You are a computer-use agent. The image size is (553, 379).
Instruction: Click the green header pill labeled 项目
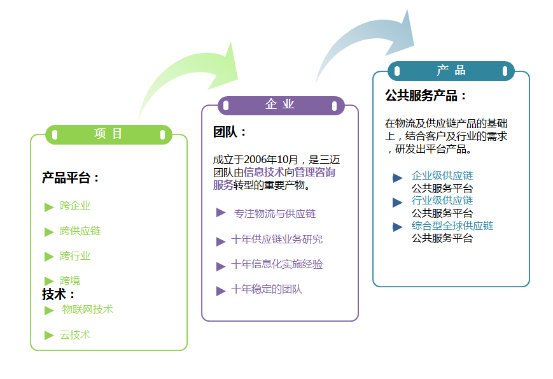pos(108,134)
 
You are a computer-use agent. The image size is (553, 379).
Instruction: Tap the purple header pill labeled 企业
pos(281,105)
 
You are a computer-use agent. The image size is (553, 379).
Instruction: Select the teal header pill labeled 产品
pos(451,71)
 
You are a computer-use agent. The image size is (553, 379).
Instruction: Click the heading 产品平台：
pos(71,178)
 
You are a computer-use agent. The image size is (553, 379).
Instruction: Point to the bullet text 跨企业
pos(75,206)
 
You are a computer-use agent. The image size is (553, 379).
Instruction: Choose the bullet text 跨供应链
pos(80,231)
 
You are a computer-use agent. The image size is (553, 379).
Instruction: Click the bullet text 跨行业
pos(75,256)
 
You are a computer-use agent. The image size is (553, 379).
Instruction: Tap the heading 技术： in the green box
pos(59,294)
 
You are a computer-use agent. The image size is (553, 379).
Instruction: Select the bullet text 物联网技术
pos(87,310)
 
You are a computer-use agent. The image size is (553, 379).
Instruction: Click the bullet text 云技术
pos(75,334)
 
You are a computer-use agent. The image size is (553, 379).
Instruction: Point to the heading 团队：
pos(230,132)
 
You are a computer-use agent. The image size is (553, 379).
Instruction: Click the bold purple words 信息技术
pos(263,172)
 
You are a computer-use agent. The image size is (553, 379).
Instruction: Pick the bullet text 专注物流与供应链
pos(275,213)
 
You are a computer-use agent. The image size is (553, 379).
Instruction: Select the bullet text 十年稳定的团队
pos(267,289)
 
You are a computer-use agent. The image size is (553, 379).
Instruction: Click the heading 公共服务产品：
pos(426,96)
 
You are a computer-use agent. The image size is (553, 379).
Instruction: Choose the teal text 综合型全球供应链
pos(452,225)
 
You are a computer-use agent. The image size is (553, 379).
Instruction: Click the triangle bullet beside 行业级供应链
pos(398,202)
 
